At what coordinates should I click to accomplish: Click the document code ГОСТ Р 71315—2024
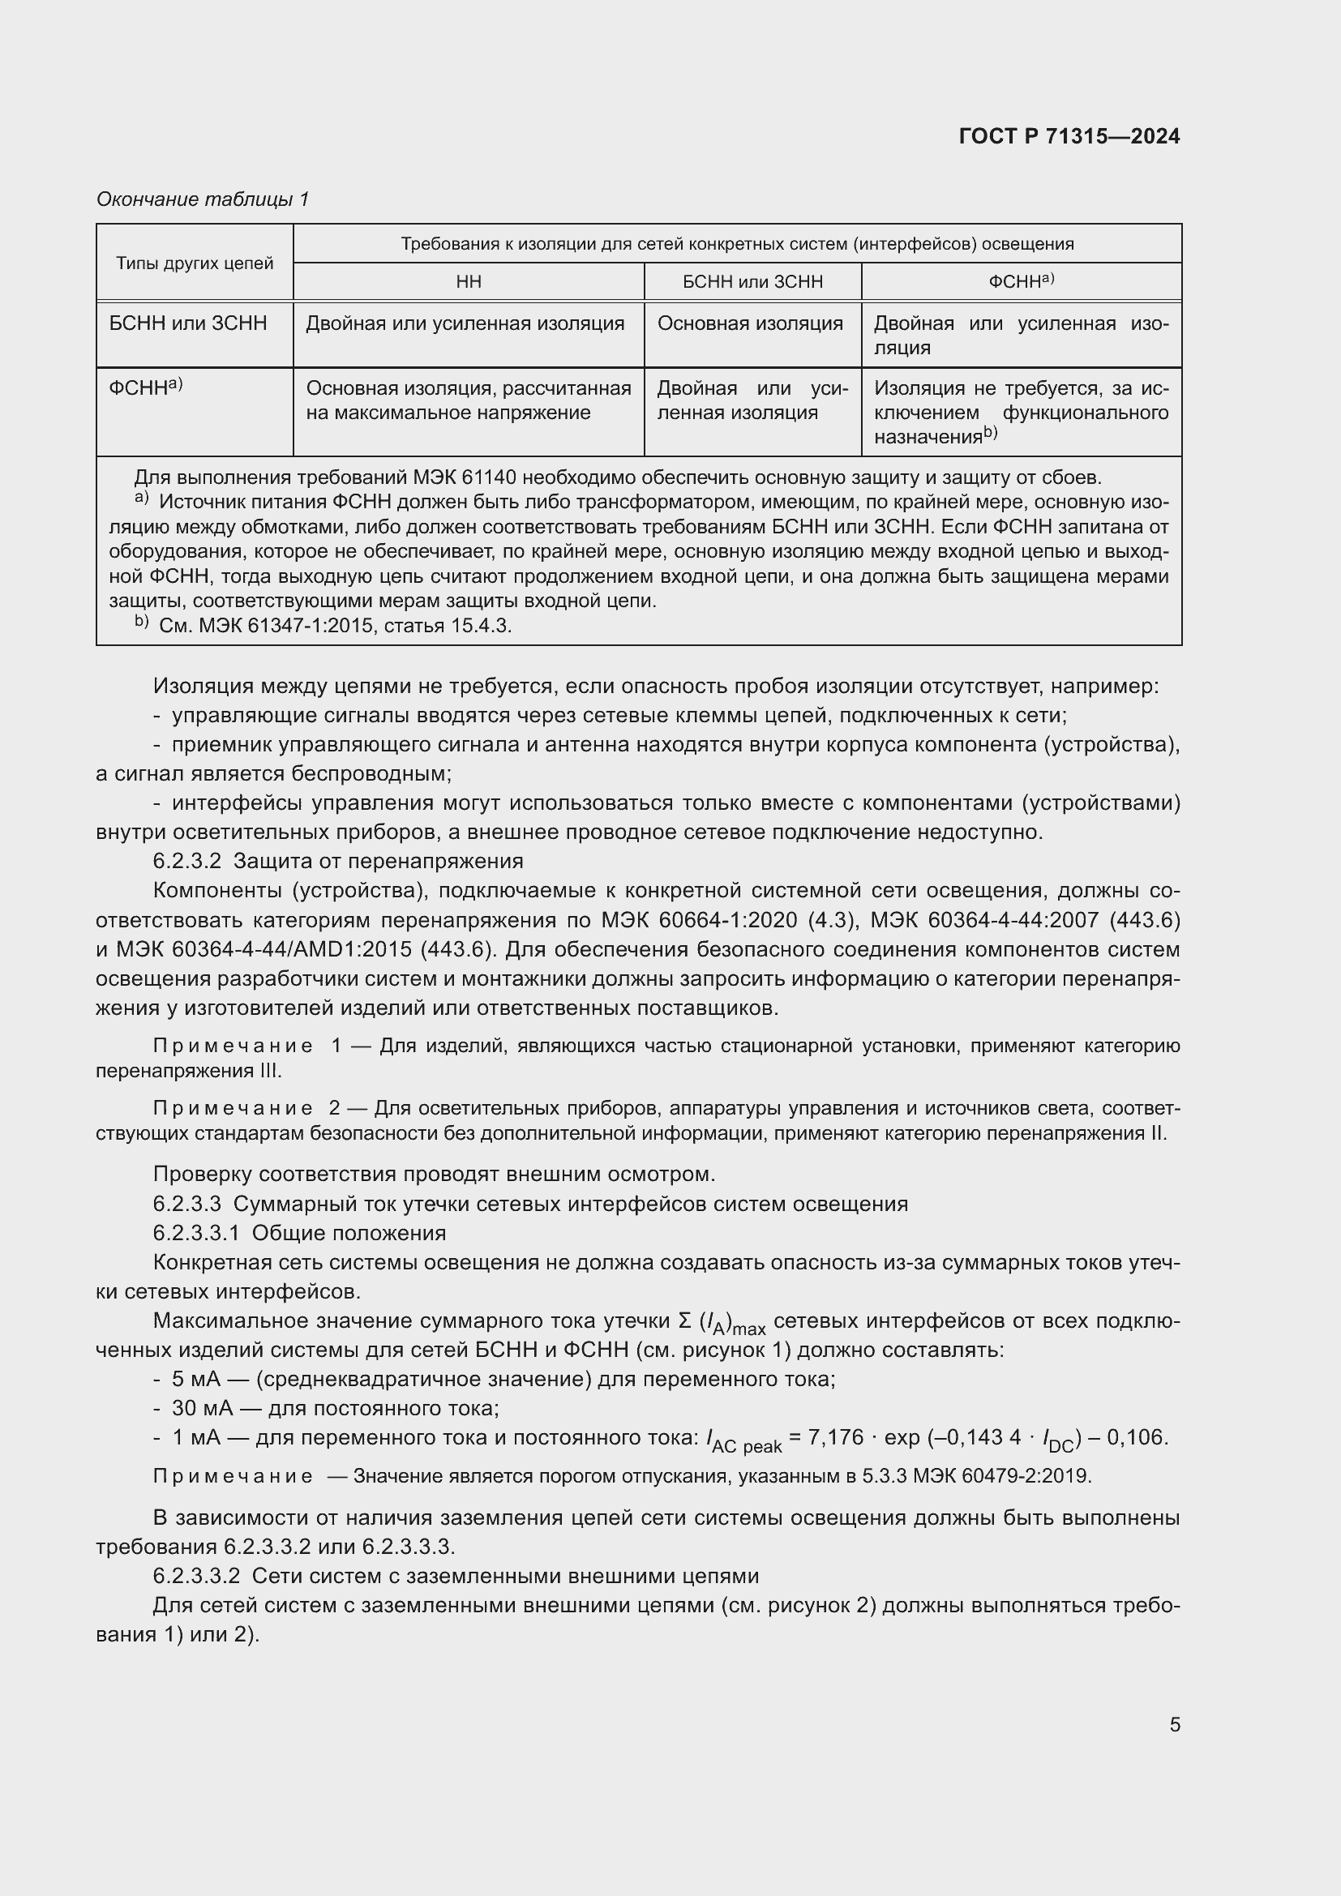1069,137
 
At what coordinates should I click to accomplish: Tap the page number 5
1174,1724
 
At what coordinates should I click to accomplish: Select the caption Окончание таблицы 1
203,199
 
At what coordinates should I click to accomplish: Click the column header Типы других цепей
194,263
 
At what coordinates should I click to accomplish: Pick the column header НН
468,282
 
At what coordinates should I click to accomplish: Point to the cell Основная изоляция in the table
750,323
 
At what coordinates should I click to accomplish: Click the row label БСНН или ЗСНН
188,323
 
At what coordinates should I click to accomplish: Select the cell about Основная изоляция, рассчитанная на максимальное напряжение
468,400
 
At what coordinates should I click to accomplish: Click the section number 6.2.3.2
186,862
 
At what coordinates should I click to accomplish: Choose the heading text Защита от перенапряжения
378,862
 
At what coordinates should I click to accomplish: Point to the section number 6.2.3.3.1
195,1233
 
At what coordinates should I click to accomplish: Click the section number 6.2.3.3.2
195,1576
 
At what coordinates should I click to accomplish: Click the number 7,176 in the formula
836,1438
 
